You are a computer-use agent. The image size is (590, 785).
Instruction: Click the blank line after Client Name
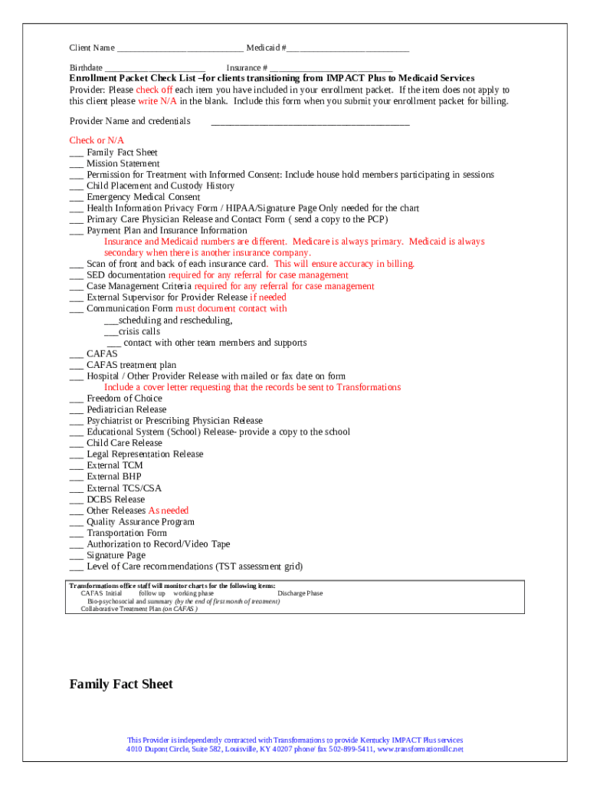click(x=180, y=48)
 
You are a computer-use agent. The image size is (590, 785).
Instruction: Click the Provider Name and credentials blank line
click(x=310, y=122)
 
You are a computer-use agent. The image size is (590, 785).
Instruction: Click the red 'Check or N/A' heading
click(x=97, y=140)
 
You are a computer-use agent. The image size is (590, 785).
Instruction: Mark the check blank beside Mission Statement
click(x=76, y=164)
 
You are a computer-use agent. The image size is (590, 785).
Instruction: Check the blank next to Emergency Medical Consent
click(x=76, y=198)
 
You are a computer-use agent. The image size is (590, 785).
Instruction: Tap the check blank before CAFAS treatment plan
click(x=76, y=366)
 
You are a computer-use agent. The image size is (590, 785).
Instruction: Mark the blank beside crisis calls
click(x=110, y=332)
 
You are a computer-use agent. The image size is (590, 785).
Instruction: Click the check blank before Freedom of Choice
click(x=76, y=399)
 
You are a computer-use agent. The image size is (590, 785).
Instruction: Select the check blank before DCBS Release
click(x=76, y=500)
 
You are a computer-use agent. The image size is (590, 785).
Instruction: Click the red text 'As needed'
click(x=168, y=511)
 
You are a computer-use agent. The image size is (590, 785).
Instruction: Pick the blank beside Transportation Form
click(x=76, y=534)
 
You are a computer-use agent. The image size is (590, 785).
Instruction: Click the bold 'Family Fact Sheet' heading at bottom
click(x=121, y=685)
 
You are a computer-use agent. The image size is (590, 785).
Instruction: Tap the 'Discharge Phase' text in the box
click(x=300, y=593)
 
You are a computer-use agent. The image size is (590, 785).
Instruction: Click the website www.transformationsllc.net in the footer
click(x=420, y=750)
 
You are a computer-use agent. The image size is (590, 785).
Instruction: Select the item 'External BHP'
click(x=113, y=477)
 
